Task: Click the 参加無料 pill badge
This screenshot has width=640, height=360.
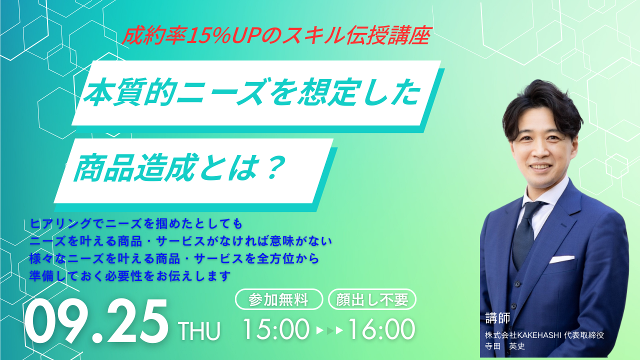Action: click(279, 299)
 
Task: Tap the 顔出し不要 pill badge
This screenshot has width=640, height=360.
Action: click(372, 299)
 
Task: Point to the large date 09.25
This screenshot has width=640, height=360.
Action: click(96, 321)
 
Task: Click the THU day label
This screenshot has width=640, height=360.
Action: click(199, 331)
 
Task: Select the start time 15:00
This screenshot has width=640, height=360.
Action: click(276, 329)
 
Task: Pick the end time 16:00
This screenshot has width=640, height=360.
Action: click(381, 329)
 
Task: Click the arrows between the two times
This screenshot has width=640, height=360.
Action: click(329, 330)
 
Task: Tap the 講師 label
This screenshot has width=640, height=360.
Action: click(497, 318)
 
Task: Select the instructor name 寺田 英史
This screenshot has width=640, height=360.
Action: click(505, 346)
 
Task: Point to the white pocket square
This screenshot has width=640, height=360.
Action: click(561, 259)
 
